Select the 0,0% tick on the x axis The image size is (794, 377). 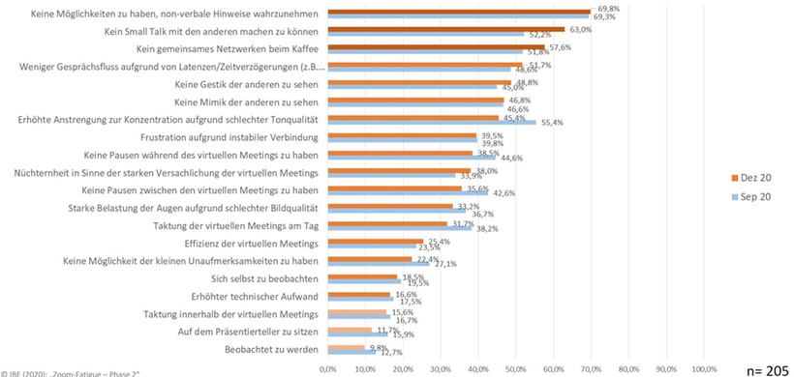click(327, 368)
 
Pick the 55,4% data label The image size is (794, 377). click(552, 123)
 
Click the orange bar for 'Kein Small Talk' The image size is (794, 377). click(445, 30)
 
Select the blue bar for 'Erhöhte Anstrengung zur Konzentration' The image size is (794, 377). click(431, 123)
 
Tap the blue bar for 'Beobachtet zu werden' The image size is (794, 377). click(351, 352)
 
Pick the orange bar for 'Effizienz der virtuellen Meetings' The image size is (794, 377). click(375, 240)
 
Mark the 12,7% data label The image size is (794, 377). click(390, 352)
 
